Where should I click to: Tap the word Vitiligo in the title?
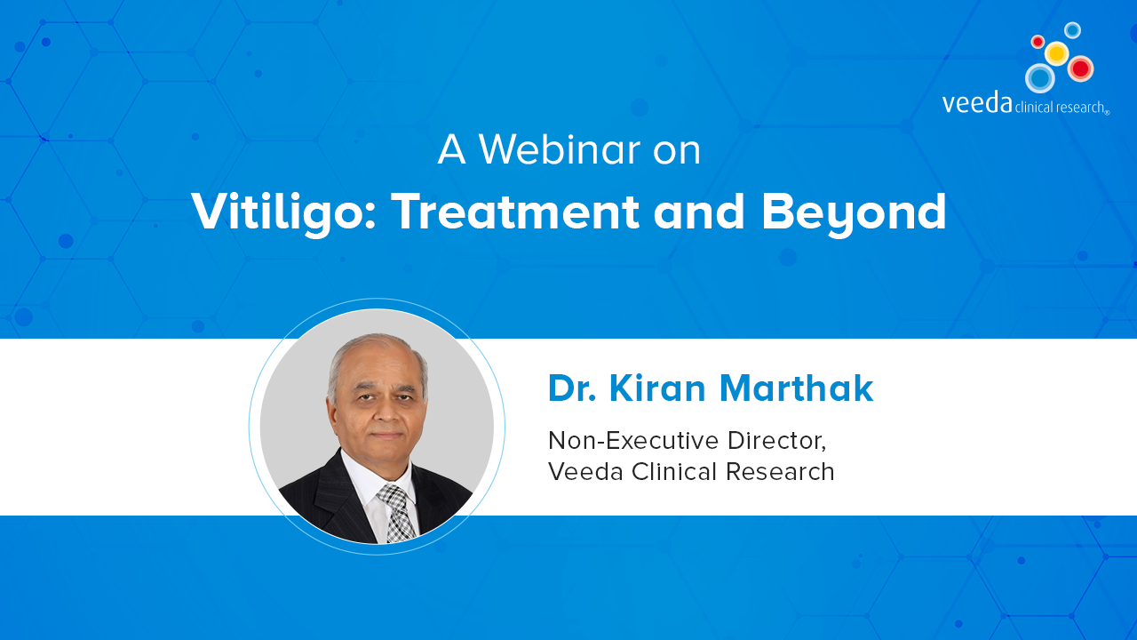283,212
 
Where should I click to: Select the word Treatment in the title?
515,212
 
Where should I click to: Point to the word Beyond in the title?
854,212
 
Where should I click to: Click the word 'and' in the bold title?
699,212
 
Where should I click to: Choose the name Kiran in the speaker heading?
657,388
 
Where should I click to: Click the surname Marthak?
797,388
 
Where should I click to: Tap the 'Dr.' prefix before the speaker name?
572,388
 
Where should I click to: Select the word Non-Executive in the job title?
633,440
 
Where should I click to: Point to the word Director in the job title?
776,441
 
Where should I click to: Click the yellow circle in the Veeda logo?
1057,52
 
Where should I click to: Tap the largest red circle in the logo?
1081,68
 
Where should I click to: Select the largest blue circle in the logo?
1040,78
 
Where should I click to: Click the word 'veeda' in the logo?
977,103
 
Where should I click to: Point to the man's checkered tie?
396,512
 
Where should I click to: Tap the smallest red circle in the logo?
1038,41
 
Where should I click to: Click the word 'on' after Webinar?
677,152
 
